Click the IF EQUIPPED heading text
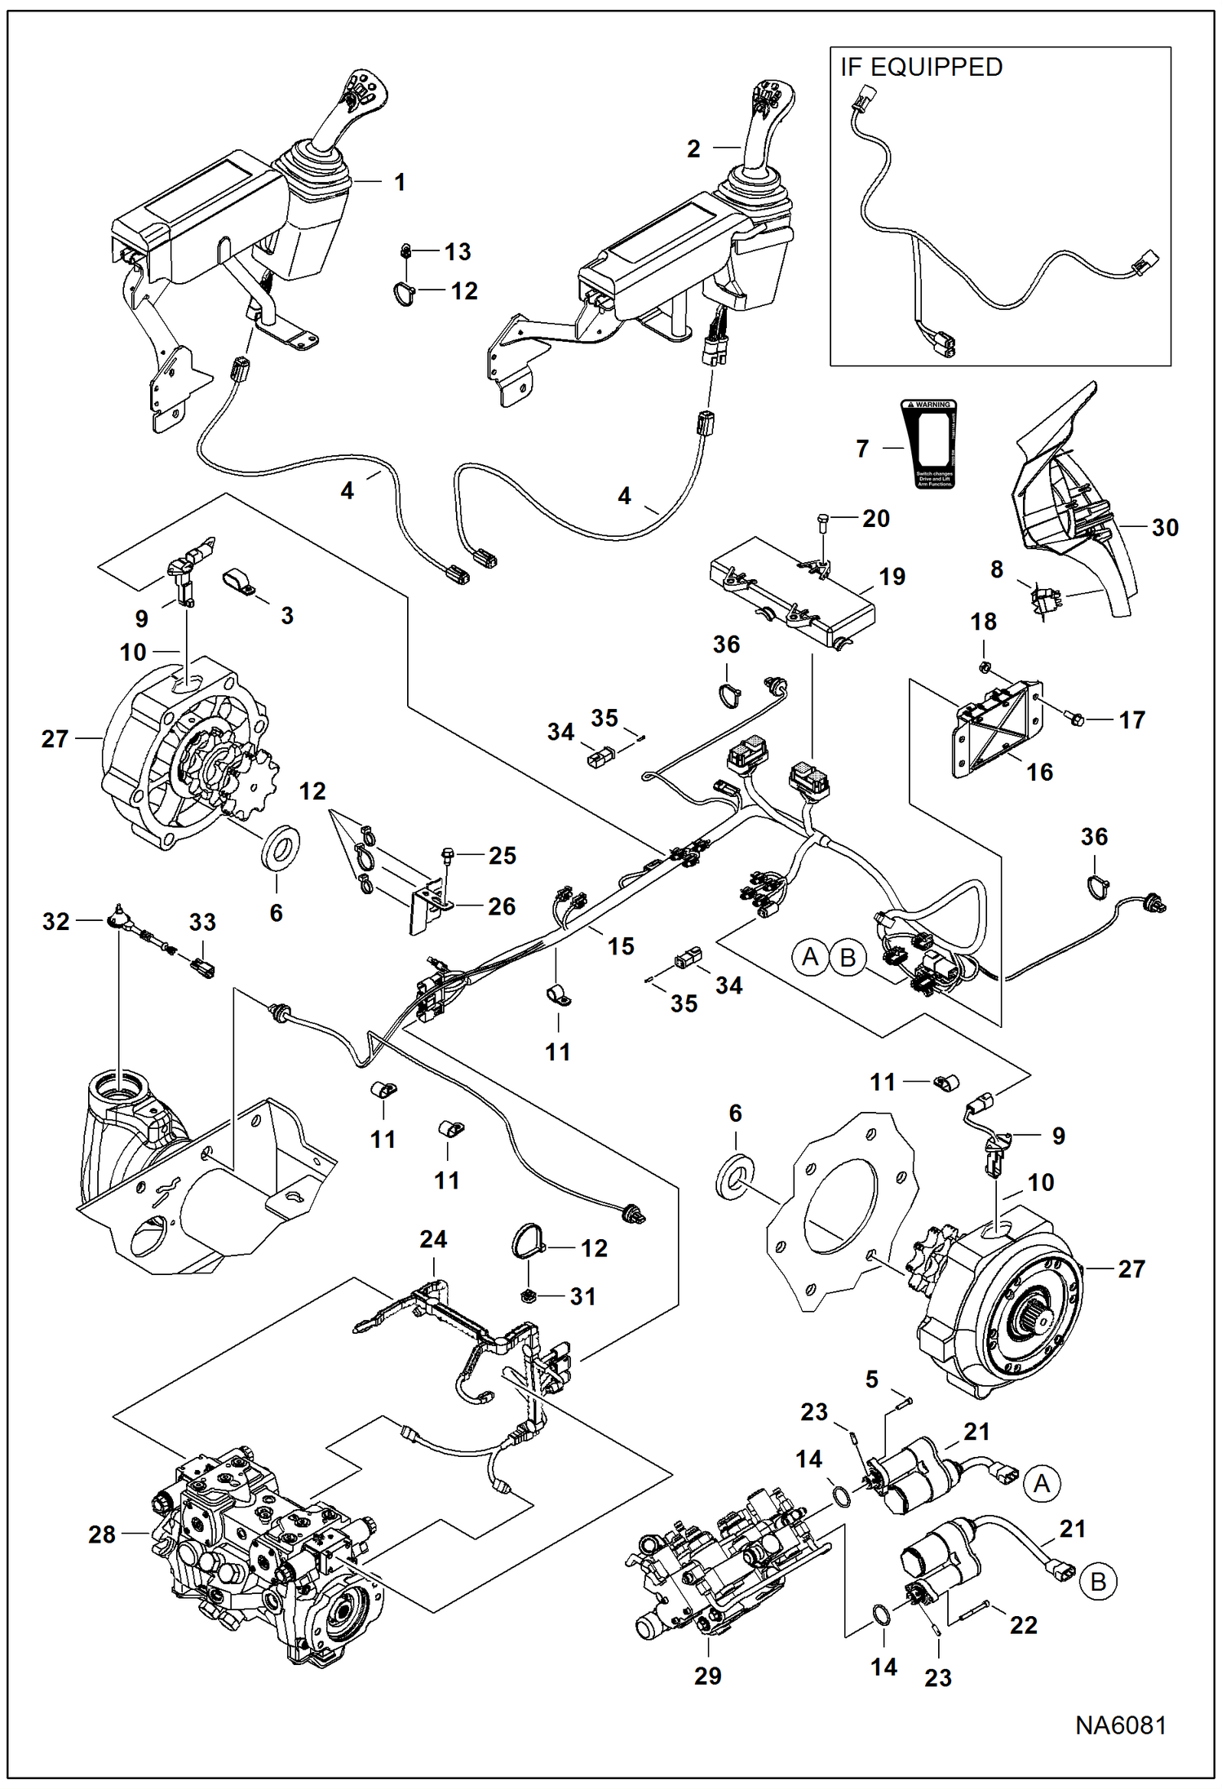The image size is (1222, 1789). coord(921,68)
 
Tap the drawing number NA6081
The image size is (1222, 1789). coord(1120,1725)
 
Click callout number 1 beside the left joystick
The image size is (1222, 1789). coord(400,182)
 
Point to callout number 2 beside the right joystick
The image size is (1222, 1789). coord(693,148)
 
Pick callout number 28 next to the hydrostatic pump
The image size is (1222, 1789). coord(102,1534)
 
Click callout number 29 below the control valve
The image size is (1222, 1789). coord(707,1675)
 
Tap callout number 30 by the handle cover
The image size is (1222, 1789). coord(1165,527)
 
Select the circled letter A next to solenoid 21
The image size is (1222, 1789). coord(1042,1482)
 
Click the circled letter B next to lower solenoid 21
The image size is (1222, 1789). coord(1098,1582)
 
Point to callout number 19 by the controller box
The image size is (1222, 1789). coord(892,576)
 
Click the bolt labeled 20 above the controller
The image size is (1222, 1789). coord(823,519)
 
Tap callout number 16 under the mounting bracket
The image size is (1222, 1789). coord(1039,772)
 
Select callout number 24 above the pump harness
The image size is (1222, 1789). coord(433,1239)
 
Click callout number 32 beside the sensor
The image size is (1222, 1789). coord(55,921)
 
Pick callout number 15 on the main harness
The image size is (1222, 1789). coord(620,945)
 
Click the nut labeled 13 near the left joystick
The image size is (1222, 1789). coord(405,250)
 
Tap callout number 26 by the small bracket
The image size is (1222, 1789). coord(502,906)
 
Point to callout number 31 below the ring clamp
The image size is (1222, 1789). coord(582,1296)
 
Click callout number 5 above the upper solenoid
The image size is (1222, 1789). coord(872,1379)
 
